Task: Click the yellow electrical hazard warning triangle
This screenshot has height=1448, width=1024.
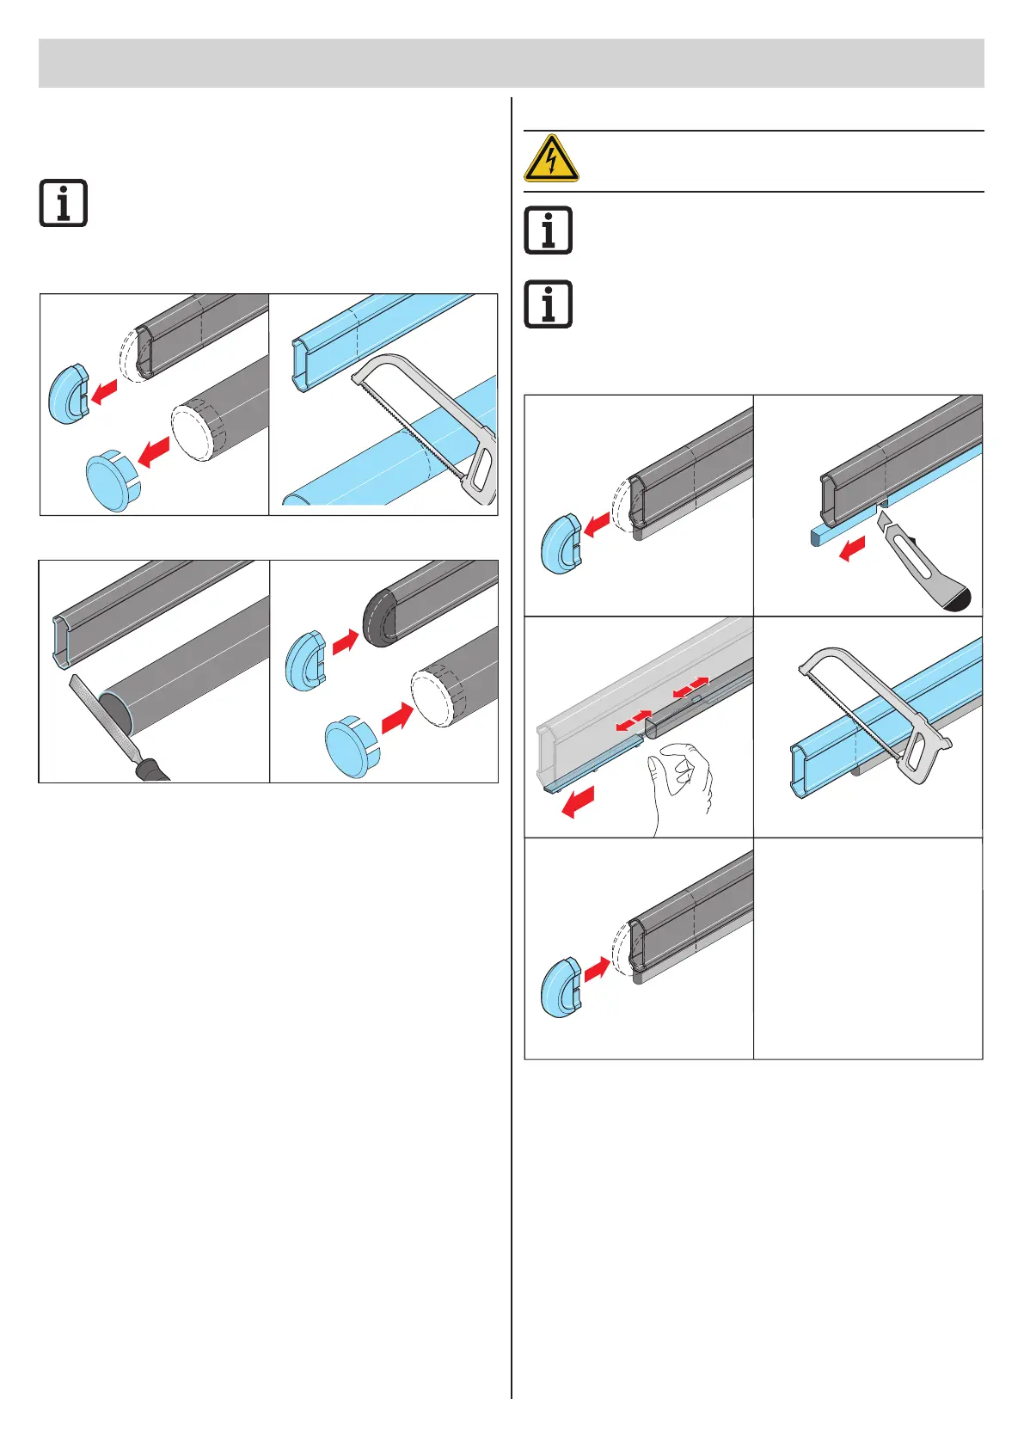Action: [551, 158]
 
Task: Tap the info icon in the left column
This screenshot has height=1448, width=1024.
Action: [64, 204]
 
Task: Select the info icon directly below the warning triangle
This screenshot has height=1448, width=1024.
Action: [548, 230]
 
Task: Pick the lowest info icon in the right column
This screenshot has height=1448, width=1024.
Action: [548, 304]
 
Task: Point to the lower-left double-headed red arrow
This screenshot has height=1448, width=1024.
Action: [633, 721]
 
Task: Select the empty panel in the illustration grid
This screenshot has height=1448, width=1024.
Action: [868, 948]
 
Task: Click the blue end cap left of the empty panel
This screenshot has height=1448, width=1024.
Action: [561, 986]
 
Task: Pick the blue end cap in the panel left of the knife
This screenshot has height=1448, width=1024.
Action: [561, 543]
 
